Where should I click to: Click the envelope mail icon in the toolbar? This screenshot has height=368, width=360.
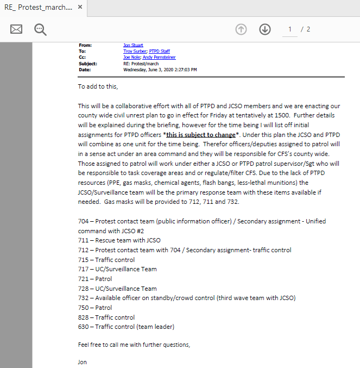click(x=16, y=29)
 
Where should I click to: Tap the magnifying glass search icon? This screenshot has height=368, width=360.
click(x=40, y=29)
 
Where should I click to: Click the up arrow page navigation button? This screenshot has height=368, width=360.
click(x=241, y=29)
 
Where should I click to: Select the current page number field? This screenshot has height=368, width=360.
click(x=290, y=29)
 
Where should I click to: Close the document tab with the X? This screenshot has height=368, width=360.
click(x=80, y=8)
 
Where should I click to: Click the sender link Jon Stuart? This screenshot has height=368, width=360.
click(x=134, y=45)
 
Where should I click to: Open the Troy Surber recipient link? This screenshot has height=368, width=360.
click(x=135, y=51)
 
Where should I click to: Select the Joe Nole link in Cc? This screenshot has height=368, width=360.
click(x=131, y=57)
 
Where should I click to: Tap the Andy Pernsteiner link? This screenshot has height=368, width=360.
click(x=159, y=57)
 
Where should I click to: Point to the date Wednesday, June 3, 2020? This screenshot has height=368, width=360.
click(x=160, y=70)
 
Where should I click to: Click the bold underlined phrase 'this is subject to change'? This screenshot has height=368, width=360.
click(x=201, y=134)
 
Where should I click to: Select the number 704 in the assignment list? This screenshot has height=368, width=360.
click(x=83, y=221)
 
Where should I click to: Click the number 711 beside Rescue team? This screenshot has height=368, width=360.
click(x=83, y=240)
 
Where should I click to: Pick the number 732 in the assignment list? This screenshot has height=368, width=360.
click(x=83, y=298)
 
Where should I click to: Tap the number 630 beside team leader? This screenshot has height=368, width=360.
click(x=83, y=327)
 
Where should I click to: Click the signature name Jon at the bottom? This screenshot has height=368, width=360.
click(x=82, y=361)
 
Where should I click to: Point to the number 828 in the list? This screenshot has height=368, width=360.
click(x=83, y=317)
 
